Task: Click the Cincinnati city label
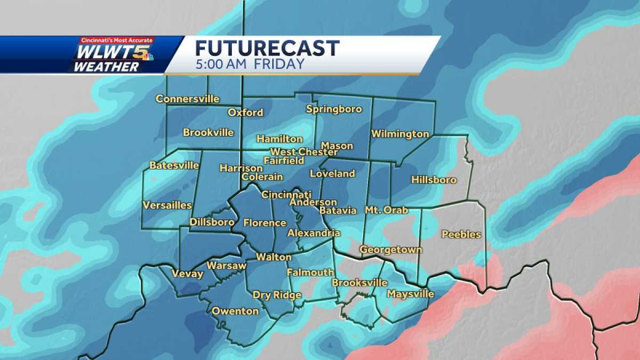click(x=286, y=194)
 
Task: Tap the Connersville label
click(x=187, y=99)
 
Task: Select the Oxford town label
click(x=246, y=113)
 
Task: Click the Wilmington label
click(x=400, y=134)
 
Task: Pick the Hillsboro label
click(x=433, y=180)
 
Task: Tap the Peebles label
click(x=461, y=234)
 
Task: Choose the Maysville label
click(x=410, y=294)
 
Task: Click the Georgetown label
click(x=390, y=250)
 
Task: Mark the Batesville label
click(x=174, y=166)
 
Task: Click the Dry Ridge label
click(x=277, y=295)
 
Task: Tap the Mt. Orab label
click(x=386, y=210)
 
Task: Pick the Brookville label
click(x=208, y=132)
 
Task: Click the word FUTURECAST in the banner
click(x=267, y=48)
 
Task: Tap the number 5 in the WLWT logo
click(x=147, y=54)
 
